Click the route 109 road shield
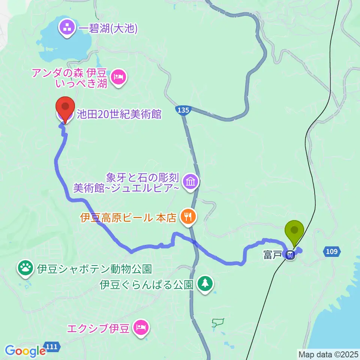click(x=331, y=252)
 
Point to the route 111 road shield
click(x=52, y=347)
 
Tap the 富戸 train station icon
click(x=289, y=255)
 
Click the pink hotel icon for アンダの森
click(x=119, y=78)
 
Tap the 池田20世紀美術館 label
click(x=119, y=114)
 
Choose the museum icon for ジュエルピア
click(x=190, y=182)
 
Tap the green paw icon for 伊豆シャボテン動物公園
click(x=25, y=268)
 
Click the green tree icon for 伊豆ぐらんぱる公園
click(x=205, y=284)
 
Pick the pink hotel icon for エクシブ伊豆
click(x=141, y=328)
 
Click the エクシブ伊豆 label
click(x=98, y=329)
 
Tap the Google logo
click(x=25, y=351)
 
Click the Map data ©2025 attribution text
click(x=328, y=354)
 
